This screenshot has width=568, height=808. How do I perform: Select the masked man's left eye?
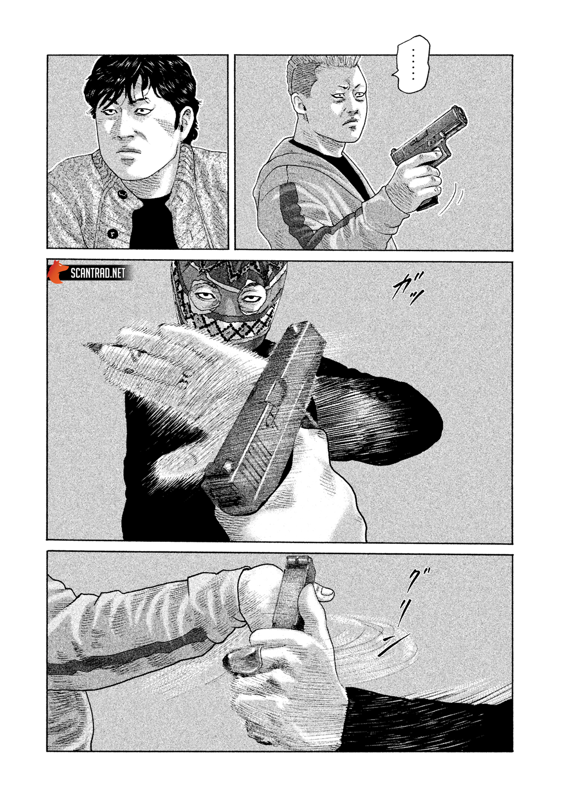point(248,298)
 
